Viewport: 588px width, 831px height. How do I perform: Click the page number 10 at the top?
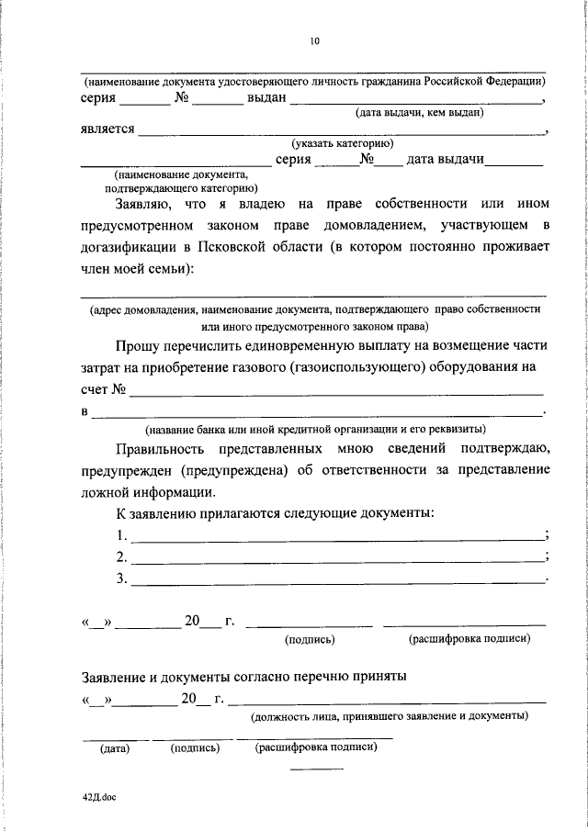[x=314, y=40]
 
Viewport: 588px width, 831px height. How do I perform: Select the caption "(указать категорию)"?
[x=343, y=144]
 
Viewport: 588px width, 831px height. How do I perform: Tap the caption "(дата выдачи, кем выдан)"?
[x=420, y=113]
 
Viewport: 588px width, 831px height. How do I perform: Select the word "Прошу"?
[x=136, y=345]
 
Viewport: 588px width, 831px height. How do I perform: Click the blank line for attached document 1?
[x=338, y=537]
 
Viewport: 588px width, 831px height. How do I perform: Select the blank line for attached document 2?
[x=338, y=558]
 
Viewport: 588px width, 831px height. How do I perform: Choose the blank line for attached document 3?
[x=338, y=580]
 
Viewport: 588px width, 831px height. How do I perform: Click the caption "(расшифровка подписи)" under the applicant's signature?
[x=469, y=638]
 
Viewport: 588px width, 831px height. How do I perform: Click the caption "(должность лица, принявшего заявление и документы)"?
[x=390, y=714]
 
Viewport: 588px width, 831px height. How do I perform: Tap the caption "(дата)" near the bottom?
[x=115, y=748]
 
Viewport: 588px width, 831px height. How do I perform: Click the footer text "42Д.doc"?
[x=98, y=797]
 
